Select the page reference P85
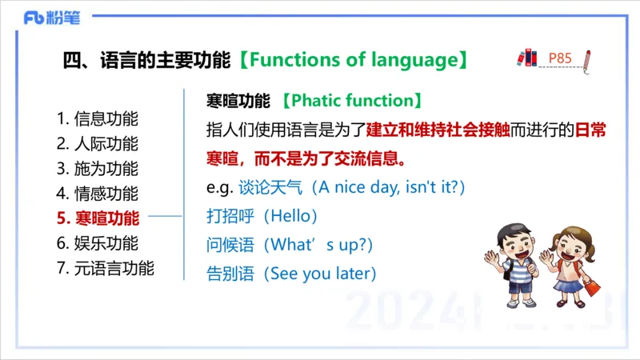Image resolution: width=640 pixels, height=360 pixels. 560,58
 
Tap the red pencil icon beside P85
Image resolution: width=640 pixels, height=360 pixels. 587,61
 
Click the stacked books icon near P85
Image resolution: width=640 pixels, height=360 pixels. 526,58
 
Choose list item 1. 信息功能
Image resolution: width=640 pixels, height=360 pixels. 98,119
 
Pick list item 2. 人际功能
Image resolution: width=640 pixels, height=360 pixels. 98,144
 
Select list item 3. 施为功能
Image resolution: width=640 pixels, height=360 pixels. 98,169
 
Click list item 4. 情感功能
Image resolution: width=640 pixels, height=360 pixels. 98,194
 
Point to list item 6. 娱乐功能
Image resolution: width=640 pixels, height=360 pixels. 98,243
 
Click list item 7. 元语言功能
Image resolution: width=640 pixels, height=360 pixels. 106,268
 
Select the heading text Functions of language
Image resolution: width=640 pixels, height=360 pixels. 353,60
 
